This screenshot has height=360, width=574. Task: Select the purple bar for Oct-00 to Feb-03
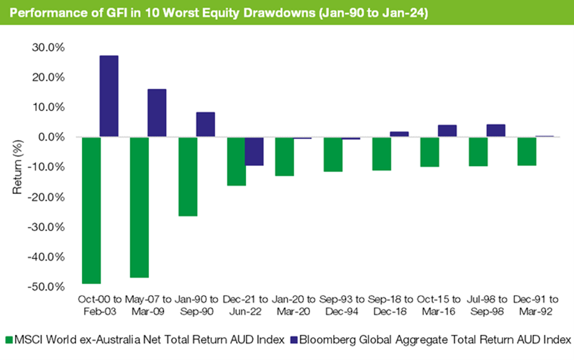point(108,96)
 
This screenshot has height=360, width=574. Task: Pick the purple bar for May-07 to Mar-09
point(157,113)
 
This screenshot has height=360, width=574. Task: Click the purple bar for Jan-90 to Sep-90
point(205,124)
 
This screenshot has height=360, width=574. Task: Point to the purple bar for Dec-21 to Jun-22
point(253,151)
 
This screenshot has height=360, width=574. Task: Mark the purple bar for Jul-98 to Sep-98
point(496,131)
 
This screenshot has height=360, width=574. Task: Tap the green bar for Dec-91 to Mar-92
point(527,151)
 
